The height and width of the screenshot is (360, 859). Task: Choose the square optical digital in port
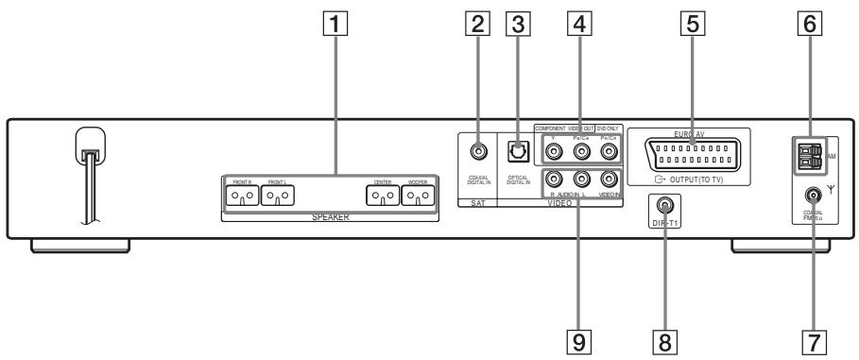(517, 150)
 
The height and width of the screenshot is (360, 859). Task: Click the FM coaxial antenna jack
(810, 197)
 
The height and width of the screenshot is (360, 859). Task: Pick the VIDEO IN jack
(610, 178)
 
